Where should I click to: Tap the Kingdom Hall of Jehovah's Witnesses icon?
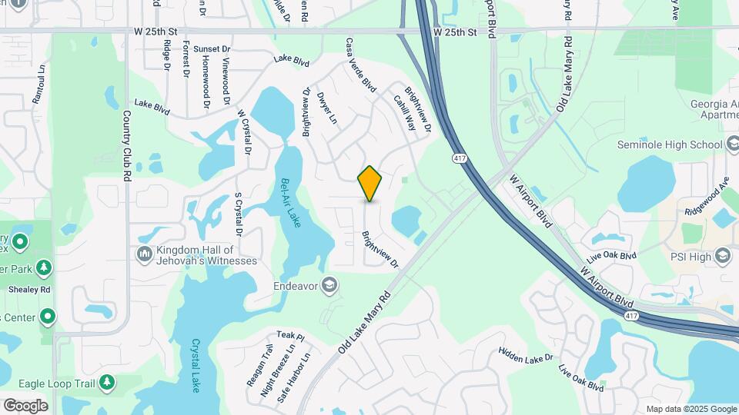point(144,254)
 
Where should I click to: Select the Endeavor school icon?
point(329,286)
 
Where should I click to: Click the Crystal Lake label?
point(196,365)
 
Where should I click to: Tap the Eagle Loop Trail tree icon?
point(106,381)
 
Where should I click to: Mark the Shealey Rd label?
point(29,290)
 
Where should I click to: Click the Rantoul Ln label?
point(38,93)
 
